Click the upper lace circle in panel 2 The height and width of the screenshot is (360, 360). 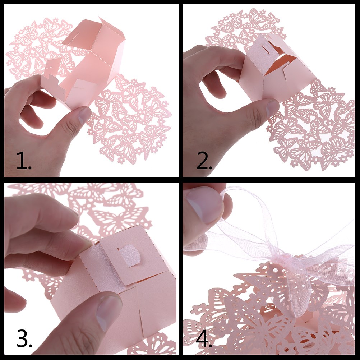(246, 30)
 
